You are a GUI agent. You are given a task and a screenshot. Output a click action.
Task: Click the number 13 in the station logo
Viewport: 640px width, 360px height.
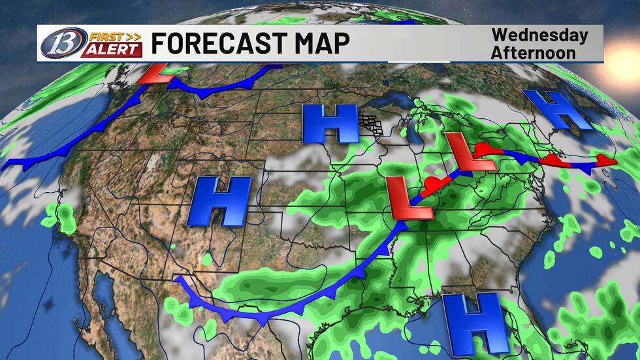58,43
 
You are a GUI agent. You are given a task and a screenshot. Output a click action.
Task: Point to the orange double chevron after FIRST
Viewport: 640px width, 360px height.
134,36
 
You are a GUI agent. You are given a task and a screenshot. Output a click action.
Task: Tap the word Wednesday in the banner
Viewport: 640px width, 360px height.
539,35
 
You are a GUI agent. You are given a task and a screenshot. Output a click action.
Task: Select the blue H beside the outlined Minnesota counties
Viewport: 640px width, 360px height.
330,123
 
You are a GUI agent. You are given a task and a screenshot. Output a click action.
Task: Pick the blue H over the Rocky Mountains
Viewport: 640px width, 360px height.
219,201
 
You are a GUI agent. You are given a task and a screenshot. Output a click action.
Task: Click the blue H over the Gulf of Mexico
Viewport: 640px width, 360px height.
472,323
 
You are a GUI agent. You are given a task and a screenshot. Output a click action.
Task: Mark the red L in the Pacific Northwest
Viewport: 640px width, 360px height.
157,72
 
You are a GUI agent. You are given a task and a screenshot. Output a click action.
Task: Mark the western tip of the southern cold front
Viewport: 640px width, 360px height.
177,280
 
